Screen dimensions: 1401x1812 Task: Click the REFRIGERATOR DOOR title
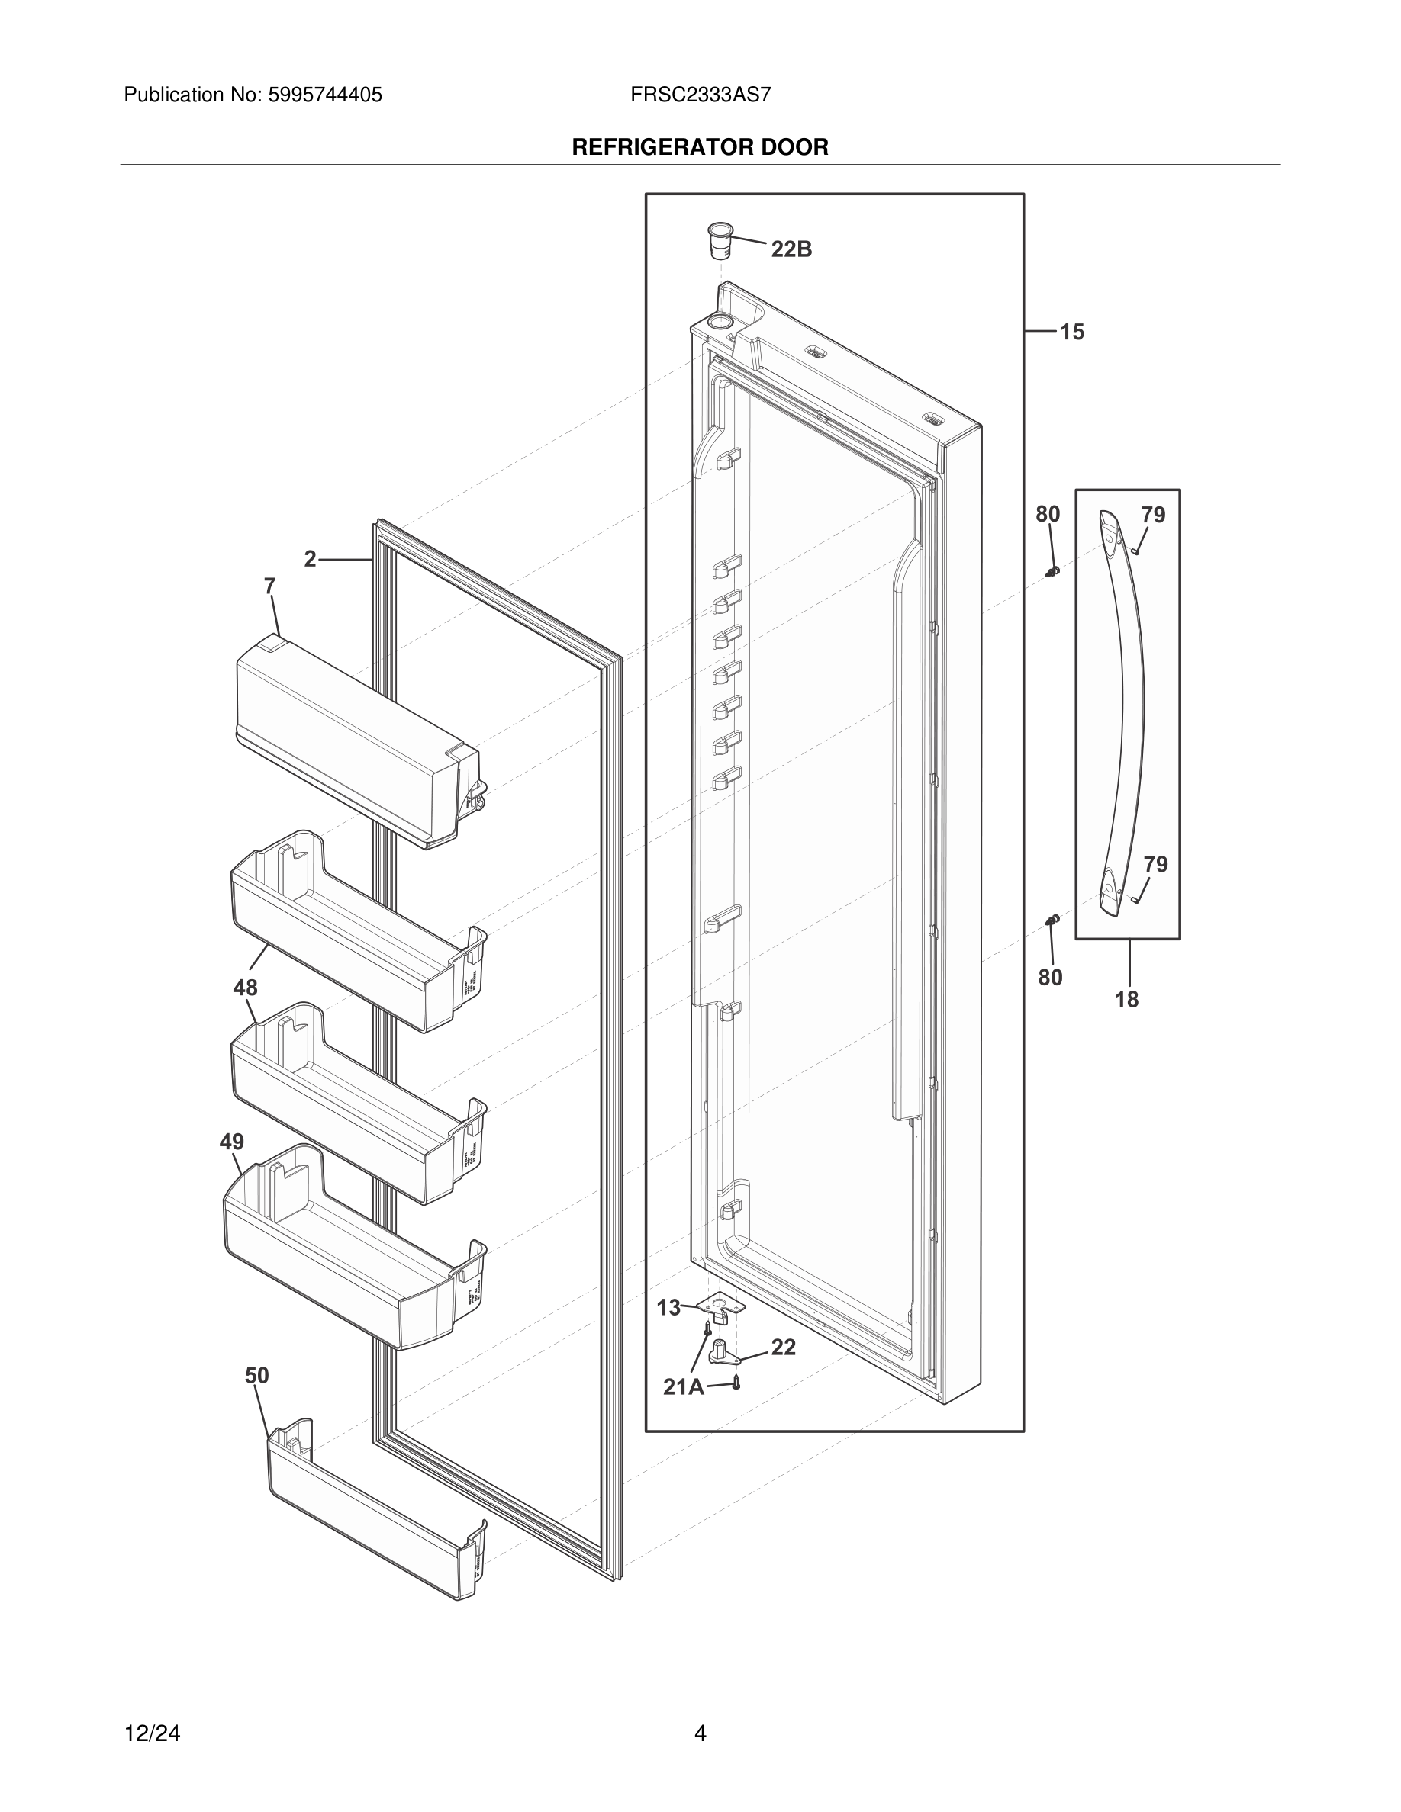700,148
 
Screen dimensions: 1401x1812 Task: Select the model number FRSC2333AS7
700,95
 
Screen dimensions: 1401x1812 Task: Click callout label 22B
791,249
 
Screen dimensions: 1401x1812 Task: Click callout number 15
1071,332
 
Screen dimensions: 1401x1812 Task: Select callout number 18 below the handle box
1126,999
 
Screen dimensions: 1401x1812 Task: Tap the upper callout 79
1153,516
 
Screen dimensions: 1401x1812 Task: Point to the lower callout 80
1050,978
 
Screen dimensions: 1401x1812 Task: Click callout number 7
269,586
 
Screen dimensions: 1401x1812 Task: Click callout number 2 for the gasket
311,559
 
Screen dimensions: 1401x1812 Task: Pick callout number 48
246,988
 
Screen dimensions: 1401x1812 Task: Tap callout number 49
231,1142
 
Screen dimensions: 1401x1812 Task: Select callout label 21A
683,1386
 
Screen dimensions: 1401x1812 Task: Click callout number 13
668,1308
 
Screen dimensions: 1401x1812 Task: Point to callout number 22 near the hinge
783,1348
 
